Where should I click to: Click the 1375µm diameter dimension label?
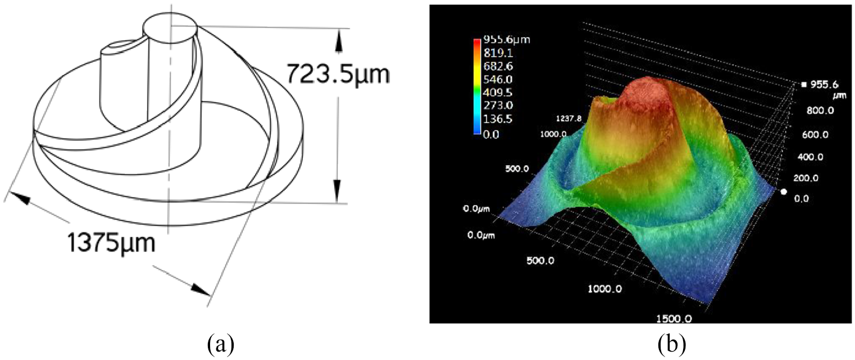[x=111, y=243]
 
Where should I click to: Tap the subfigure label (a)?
[x=221, y=344]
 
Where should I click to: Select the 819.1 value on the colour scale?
[x=498, y=53]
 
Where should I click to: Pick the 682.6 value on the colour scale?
[x=498, y=66]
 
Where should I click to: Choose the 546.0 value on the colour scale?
[x=498, y=79]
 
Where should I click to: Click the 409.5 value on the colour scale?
[x=498, y=92]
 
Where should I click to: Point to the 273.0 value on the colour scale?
[x=498, y=106]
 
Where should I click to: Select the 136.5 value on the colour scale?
[x=498, y=119]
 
